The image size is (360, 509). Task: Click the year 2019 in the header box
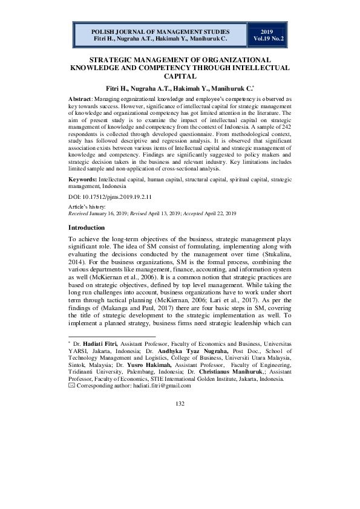pyautogui.click(x=267, y=30)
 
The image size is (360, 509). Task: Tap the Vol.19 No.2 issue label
pyautogui.click(x=267, y=38)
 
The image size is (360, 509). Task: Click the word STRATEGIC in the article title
pyautogui.click(x=113, y=60)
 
